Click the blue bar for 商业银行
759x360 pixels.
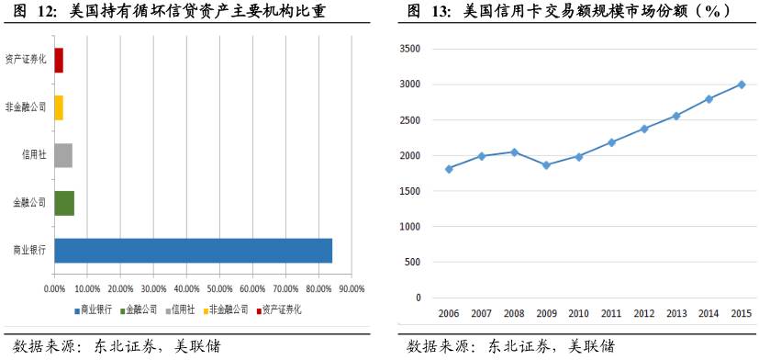tap(193, 250)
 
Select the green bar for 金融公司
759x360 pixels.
tap(64, 203)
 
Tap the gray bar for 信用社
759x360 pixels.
tap(63, 155)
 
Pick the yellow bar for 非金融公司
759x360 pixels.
tap(59, 107)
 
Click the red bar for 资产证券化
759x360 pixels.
tap(59, 60)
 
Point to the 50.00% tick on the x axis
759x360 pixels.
tap(219, 288)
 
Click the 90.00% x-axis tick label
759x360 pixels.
tap(352, 288)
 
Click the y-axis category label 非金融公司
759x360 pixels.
tap(25, 107)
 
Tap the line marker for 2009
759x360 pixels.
tap(546, 165)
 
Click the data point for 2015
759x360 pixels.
tap(741, 84)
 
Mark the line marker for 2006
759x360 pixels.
tap(449, 169)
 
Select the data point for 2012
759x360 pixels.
tap(643, 129)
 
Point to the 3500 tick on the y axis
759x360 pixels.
tap(410, 49)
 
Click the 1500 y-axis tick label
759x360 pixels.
tap(410, 191)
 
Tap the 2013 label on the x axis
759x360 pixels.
tap(675, 314)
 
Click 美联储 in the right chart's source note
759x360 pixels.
tap(591, 346)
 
